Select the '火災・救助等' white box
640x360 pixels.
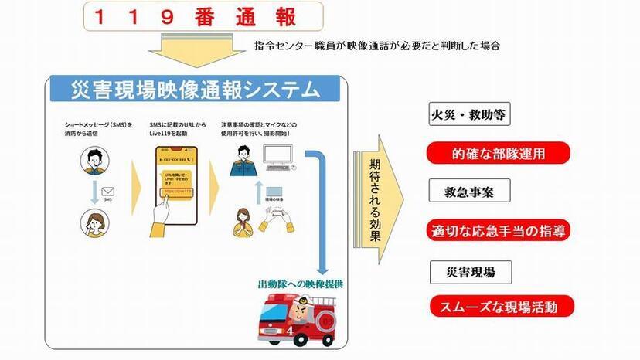pos(470,117)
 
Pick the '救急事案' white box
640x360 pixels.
pos(470,192)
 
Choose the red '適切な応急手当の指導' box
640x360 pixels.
pos(499,229)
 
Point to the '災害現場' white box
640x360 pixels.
pos(470,272)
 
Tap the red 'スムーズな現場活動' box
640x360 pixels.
pos(499,306)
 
